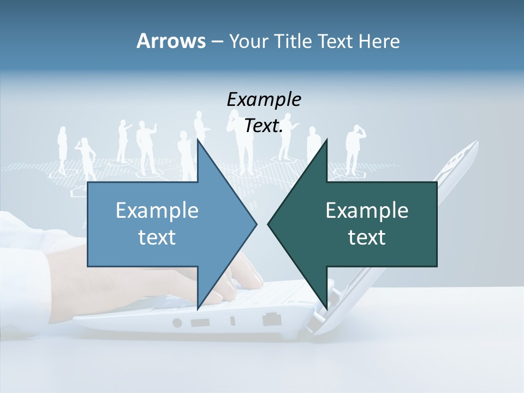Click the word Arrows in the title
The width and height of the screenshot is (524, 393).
(x=170, y=41)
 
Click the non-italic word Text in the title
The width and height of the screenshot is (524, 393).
(x=337, y=41)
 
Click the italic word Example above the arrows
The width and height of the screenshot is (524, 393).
(x=264, y=99)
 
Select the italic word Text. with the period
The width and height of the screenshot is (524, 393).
(x=264, y=126)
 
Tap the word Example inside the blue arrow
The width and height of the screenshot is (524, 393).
(x=157, y=211)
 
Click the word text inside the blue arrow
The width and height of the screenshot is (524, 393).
(x=157, y=237)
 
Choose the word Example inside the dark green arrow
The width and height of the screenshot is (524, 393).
(x=367, y=211)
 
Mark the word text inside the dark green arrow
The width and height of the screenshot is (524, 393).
(x=367, y=237)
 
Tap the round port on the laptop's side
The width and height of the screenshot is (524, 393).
(x=177, y=323)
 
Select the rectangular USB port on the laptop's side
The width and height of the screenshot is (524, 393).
(x=200, y=322)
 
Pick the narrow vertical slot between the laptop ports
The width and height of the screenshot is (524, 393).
(x=233, y=321)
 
